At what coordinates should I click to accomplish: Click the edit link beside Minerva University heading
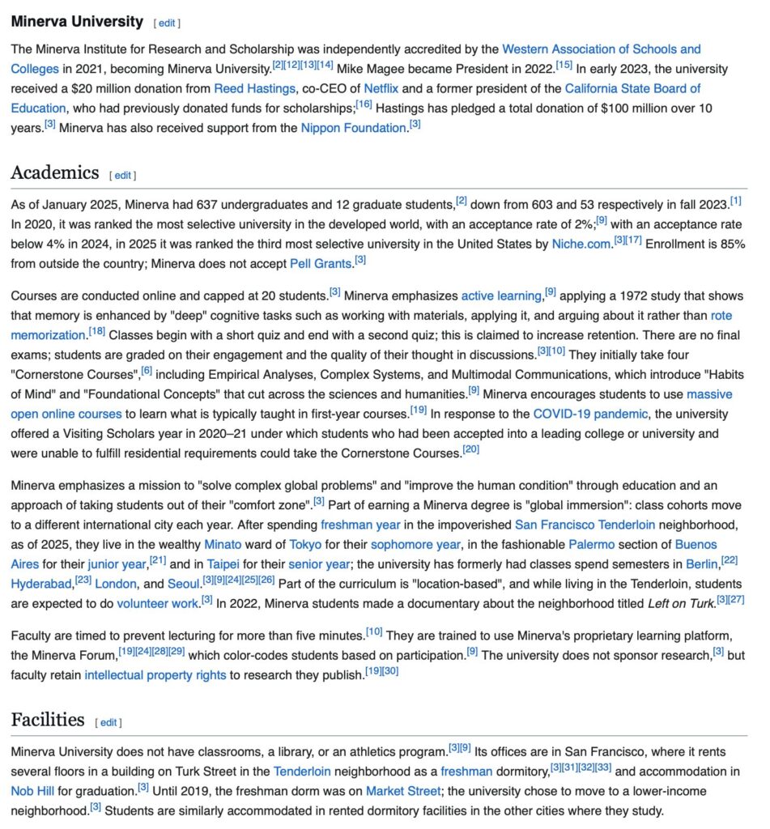(167, 23)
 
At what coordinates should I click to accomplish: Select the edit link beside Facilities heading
(108, 722)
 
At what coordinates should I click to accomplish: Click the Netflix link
(381, 88)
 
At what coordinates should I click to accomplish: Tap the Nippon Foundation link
(353, 127)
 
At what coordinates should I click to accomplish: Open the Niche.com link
(581, 244)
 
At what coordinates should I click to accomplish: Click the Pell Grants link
(321, 263)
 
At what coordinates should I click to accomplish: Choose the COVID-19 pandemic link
(590, 414)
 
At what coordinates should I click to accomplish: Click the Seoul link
(187, 584)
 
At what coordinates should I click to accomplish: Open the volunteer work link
(157, 603)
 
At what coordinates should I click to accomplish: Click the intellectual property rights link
(155, 675)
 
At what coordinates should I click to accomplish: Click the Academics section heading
(55, 173)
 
